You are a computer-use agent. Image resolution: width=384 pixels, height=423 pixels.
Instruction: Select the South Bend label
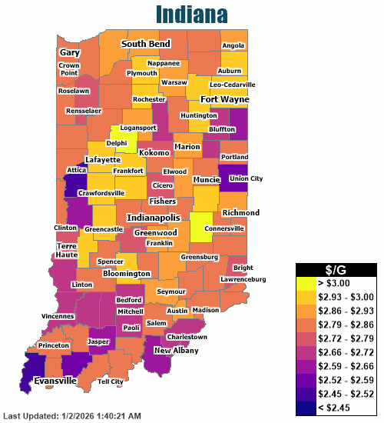coord(146,45)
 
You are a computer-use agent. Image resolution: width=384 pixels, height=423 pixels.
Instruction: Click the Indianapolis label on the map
coord(157,218)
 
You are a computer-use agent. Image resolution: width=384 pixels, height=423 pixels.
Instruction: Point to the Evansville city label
coord(55,380)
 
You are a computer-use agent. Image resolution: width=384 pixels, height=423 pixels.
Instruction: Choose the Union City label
coord(246,178)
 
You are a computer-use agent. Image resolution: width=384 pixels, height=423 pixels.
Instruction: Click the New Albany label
coord(176,351)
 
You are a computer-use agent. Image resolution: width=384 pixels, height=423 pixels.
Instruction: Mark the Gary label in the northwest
coord(70,52)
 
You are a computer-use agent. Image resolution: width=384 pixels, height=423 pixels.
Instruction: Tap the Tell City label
coord(111,381)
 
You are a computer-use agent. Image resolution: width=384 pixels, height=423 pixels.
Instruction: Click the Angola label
coord(233,45)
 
